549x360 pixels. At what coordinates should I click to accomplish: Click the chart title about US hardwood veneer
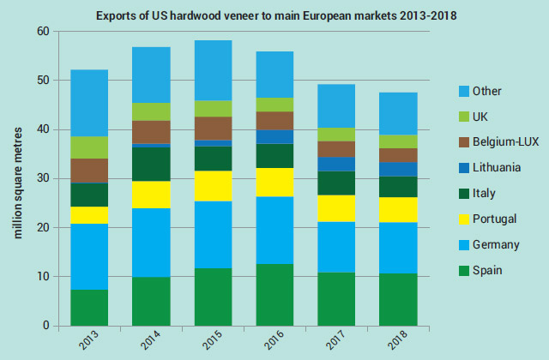276,15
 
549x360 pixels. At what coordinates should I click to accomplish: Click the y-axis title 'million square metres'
17,178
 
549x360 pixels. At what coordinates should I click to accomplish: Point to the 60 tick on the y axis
41,31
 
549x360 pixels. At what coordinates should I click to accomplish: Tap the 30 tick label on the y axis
41,178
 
